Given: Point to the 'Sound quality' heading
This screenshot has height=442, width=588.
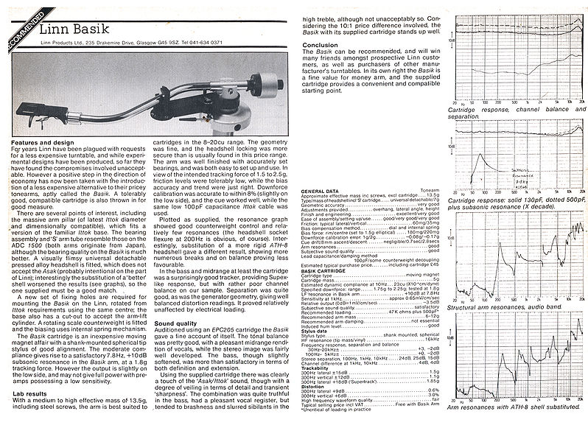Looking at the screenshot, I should [176, 323].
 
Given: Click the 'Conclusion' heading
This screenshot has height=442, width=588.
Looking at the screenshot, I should [321, 44].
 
